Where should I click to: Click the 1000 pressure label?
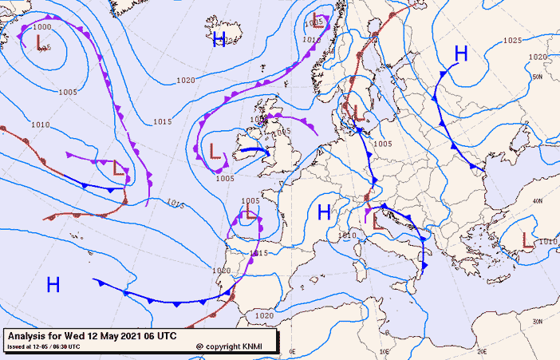click(x=41, y=27)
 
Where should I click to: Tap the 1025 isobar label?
click(x=512, y=40)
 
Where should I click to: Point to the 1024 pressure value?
click(x=232, y=39)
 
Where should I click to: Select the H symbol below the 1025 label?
click(x=460, y=53)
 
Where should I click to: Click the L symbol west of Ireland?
click(x=214, y=150)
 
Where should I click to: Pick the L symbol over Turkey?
click(x=527, y=239)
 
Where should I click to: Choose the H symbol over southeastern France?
click(x=324, y=212)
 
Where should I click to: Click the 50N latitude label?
click(x=538, y=77)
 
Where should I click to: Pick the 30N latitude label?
click(x=538, y=322)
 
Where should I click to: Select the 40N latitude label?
click(x=538, y=200)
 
